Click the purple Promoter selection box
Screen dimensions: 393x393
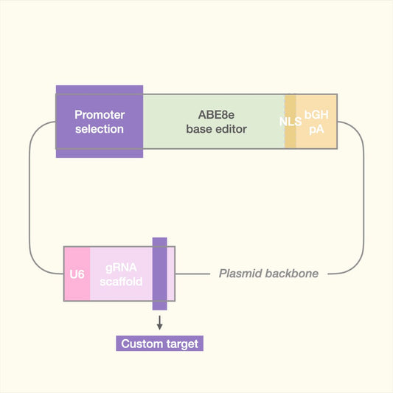pos(100,121)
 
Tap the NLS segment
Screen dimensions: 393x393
pos(291,121)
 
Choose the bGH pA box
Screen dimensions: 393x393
pos(317,121)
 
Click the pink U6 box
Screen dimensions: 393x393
pos(77,274)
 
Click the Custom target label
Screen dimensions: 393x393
pos(159,344)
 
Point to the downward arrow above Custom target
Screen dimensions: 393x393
pos(159,323)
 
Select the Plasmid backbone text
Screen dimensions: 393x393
pos(268,274)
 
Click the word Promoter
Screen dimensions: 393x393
pos(100,114)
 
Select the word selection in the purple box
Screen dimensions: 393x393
pos(100,128)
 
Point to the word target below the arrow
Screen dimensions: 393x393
pos(181,344)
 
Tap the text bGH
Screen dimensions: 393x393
pos(317,115)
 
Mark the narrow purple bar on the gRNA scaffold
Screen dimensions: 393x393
pos(159,274)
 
